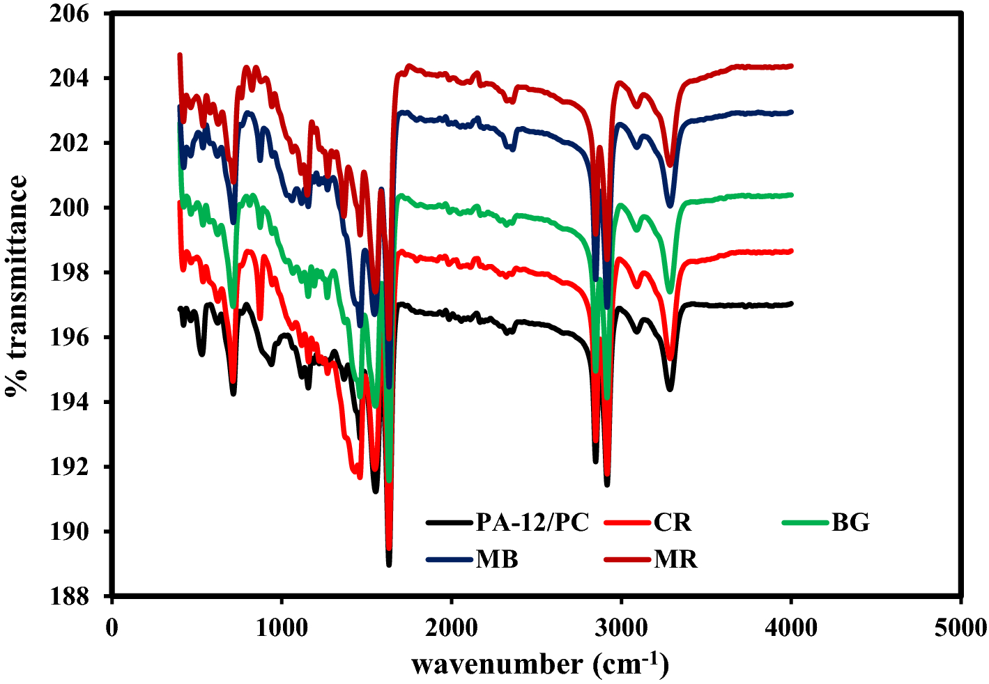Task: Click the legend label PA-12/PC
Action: (x=532, y=522)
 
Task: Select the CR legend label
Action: (x=673, y=522)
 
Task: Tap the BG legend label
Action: (x=850, y=522)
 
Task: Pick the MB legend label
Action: (x=497, y=559)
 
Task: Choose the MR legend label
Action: (x=675, y=559)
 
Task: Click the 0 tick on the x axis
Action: (x=112, y=628)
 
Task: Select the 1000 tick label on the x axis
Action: (x=282, y=628)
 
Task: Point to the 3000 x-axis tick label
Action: (x=622, y=628)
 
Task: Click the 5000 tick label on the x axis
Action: (x=961, y=628)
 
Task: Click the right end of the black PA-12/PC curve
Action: (x=791, y=304)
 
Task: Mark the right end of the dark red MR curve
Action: (x=791, y=66)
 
